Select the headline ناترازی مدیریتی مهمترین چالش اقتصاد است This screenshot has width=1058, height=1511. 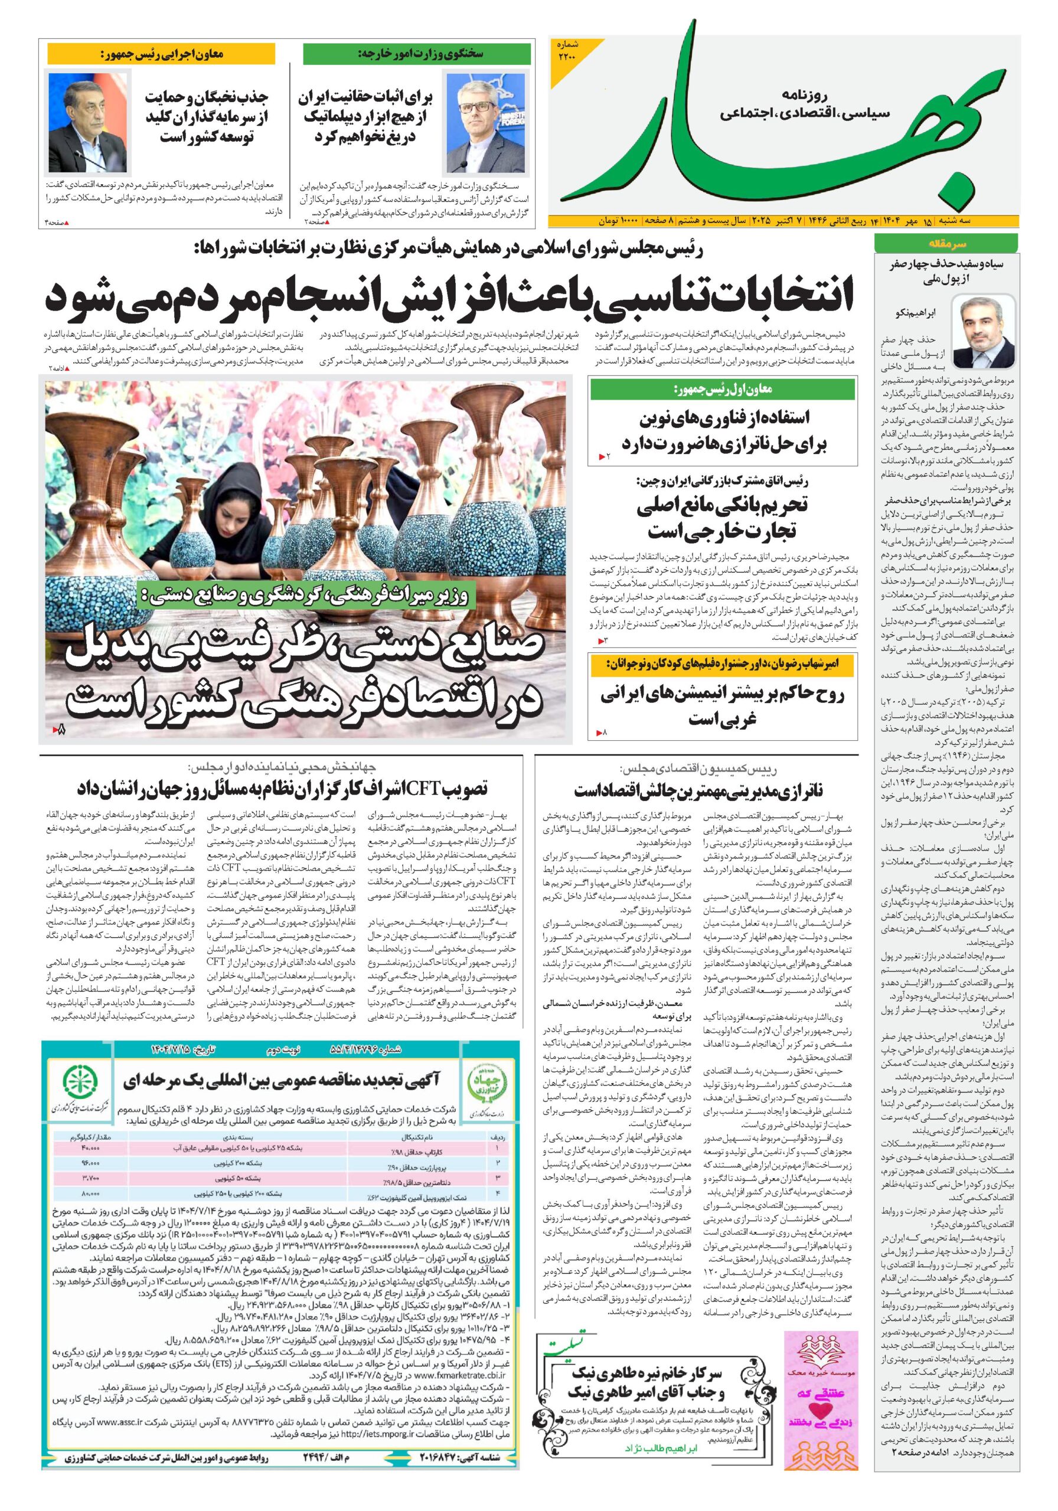[698, 789]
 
